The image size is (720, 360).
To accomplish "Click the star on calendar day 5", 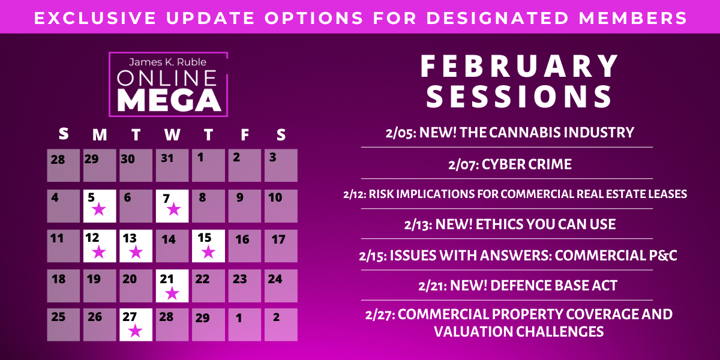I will coord(100,210).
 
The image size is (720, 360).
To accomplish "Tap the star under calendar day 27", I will coord(136,331).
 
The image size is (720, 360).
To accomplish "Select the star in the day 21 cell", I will coord(172,293).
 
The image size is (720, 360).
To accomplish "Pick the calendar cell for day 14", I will coord(172,246).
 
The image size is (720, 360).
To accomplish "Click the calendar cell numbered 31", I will coord(172,166).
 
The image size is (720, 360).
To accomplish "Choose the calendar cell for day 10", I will coord(281,206).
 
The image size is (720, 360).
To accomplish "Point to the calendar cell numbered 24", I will coord(281,286).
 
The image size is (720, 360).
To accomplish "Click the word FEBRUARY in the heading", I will coord(520,66).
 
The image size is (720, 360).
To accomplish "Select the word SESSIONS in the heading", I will coord(520,97).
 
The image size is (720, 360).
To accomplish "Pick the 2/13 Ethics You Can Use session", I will coord(510,225).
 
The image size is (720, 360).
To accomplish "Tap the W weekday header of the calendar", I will coord(172,136).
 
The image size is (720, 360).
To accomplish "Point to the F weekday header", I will coord(245,136).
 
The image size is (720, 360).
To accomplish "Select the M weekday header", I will coord(100,136).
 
